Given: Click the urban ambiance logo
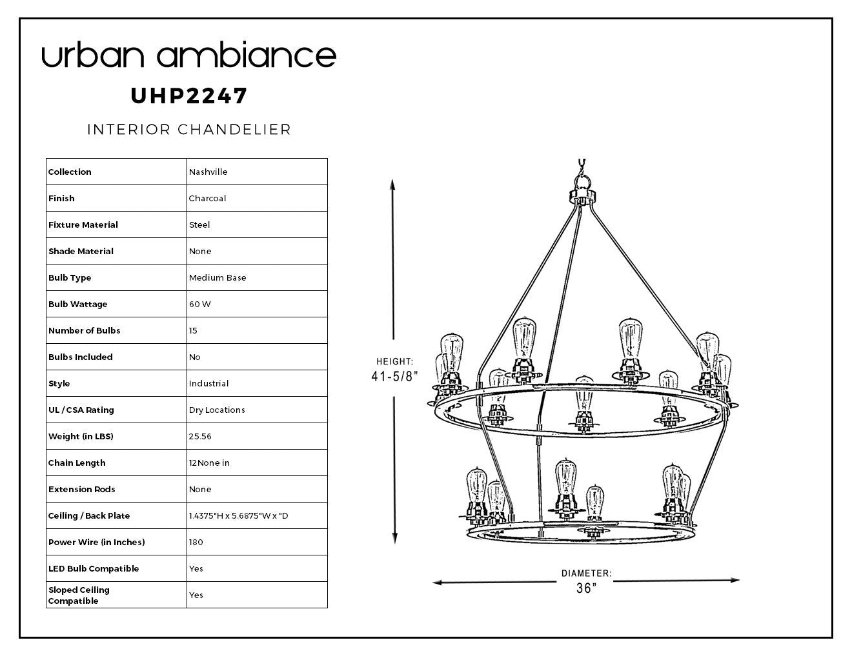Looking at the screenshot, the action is coord(189,54).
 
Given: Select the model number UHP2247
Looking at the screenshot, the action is coord(189,96).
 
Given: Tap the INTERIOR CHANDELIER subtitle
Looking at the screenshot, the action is coord(189,130).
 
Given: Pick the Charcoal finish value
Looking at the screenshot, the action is coord(207,198).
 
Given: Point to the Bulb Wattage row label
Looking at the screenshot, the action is coord(77,304).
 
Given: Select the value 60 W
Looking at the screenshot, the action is coord(200,304).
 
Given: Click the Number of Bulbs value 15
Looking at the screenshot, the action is coord(193,330).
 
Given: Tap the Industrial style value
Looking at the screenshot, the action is coord(208,383).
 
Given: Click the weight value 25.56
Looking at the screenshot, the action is coord(200,436).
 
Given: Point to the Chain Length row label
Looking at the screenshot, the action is coord(77,463).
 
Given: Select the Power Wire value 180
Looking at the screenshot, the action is coord(196,542).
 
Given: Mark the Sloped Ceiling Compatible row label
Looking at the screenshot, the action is coord(79,595).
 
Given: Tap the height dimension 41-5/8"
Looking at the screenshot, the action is coord(394,376).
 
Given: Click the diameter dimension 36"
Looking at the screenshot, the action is coord(587,588).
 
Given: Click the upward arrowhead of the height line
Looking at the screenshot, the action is coord(392,184).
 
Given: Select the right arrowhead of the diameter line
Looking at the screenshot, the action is coord(734,580).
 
